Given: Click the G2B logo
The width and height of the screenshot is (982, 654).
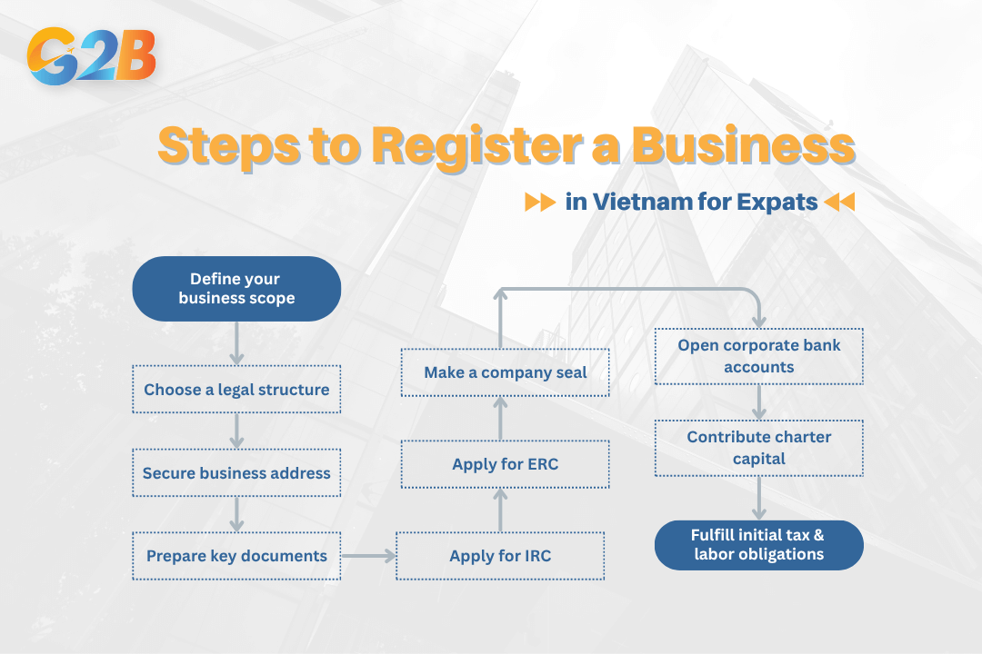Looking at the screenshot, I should tap(92, 56).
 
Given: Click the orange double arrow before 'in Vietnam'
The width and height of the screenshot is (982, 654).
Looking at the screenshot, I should tap(539, 202).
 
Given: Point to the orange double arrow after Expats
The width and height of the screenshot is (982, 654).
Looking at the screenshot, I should tap(839, 202).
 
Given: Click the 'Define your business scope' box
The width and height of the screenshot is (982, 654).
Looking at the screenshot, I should tap(236, 289).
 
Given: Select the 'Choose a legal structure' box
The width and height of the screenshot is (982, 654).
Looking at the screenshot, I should tap(236, 390).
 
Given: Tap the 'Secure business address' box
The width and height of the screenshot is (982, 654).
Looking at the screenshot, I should tap(236, 473).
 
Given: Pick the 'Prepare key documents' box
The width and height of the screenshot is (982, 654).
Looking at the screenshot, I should tap(236, 556).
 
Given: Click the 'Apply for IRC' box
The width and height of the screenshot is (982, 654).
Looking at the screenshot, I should tap(500, 556).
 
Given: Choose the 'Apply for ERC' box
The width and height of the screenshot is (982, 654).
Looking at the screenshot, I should tap(505, 464).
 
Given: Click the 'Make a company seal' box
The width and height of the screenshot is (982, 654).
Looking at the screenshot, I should tap(505, 372).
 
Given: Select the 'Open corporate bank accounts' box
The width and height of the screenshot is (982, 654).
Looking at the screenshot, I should tap(758, 357).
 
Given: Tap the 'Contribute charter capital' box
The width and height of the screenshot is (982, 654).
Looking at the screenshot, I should tap(758, 448).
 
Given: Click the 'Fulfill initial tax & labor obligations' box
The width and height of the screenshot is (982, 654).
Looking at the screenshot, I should tap(758, 545).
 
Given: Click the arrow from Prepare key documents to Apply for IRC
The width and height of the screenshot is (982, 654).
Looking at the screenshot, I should tap(369, 551).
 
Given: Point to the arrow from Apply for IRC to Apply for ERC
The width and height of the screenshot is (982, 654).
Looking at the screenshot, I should tap(500, 510).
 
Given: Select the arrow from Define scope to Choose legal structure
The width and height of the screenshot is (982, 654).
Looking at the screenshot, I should tap(236, 343).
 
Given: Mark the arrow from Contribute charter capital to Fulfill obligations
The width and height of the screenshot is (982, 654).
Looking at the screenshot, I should tap(758, 499).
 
